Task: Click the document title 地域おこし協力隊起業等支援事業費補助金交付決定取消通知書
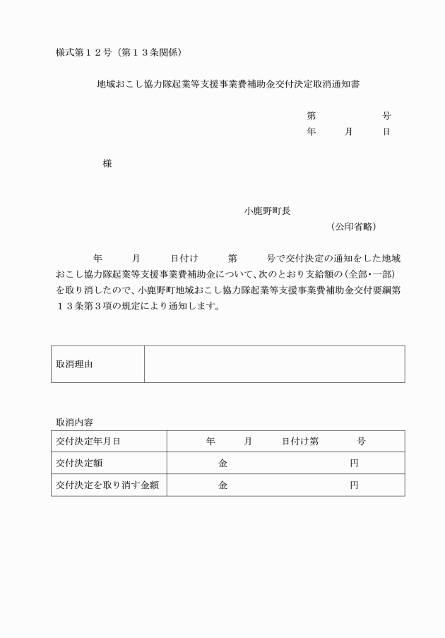[x=229, y=83]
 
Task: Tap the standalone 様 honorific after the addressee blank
[x=107, y=163]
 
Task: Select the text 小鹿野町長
[x=267, y=211]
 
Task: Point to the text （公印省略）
[x=353, y=227]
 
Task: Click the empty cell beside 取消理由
[x=274, y=365]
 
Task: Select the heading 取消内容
[x=74, y=422]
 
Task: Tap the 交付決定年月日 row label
[x=88, y=442]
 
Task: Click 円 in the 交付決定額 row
[x=354, y=463]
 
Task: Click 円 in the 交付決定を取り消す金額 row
[x=354, y=485]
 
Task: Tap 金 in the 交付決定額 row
[x=222, y=463]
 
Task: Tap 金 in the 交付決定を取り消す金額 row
[x=222, y=485]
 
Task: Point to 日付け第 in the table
[x=300, y=442]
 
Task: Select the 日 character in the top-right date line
[x=386, y=132]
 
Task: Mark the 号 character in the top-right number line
[x=386, y=116]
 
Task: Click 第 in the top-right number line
[x=311, y=116]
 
